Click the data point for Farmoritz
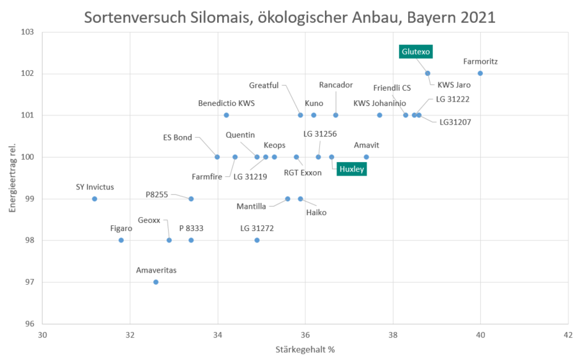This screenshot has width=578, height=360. pyautogui.click(x=480, y=73)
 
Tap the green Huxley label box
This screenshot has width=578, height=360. pyautogui.click(x=352, y=169)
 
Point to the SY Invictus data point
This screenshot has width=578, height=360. pyautogui.click(x=95, y=199)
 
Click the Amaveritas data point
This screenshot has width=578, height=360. pyautogui.click(x=156, y=282)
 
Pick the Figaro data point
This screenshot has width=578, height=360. pyautogui.click(x=121, y=240)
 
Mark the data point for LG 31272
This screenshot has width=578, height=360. pyautogui.click(x=257, y=240)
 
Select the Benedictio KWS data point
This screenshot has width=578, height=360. pyautogui.click(x=226, y=115)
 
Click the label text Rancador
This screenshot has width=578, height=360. pyautogui.click(x=336, y=86)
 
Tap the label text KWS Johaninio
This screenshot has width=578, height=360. pyautogui.click(x=379, y=103)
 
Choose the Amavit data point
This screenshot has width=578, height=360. pyautogui.click(x=366, y=157)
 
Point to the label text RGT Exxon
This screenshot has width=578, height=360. pyautogui.click(x=303, y=173)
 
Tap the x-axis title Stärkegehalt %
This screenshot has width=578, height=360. pyautogui.click(x=305, y=349)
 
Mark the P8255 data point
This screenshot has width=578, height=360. pyautogui.click(x=191, y=199)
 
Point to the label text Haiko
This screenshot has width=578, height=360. pyautogui.click(x=316, y=213)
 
